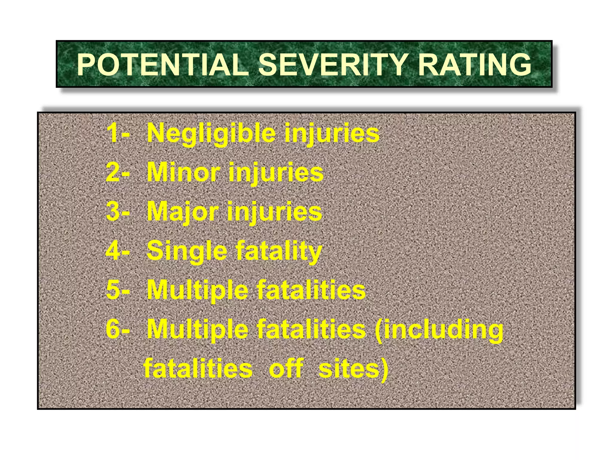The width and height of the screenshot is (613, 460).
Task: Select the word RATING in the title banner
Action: coord(475,65)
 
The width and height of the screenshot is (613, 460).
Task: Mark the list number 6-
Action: coord(118,329)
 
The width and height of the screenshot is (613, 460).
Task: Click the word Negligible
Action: coord(211,134)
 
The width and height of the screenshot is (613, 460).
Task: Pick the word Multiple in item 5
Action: coord(198,290)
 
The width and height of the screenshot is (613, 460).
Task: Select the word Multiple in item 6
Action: coord(198,330)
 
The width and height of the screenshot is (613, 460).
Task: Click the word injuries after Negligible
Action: coord(332,134)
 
